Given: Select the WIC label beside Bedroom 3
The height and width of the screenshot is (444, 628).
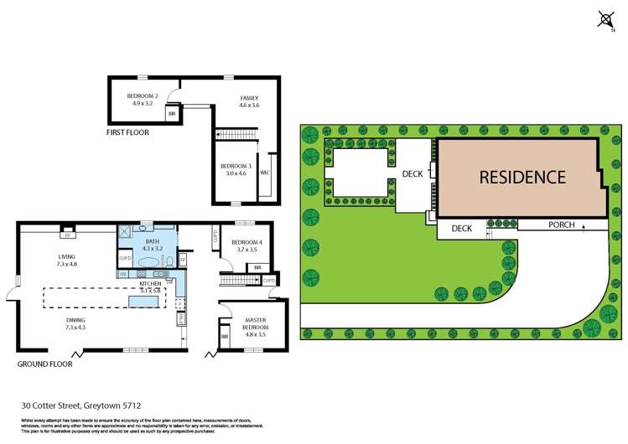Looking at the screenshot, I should pos(265,173).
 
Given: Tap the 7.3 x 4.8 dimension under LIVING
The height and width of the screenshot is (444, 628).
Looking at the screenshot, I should pos(67,264).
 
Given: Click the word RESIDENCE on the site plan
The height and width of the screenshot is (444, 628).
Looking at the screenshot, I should pos(522,177).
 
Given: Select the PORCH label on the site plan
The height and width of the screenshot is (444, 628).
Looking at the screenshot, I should pos(562,225).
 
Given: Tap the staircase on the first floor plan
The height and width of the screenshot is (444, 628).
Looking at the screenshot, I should pos(235,133).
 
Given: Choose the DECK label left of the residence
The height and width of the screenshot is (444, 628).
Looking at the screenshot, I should pos(413,174).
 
